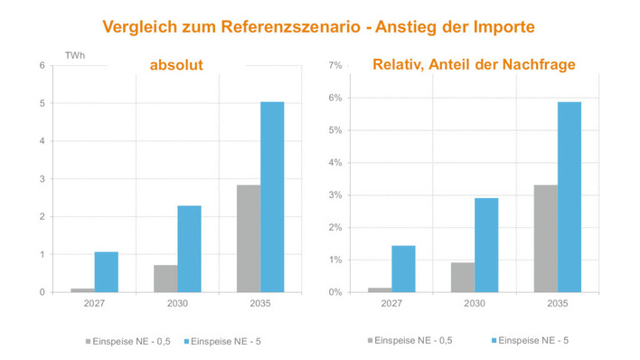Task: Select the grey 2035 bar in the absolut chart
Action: [249, 239]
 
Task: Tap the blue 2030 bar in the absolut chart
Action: [189, 249]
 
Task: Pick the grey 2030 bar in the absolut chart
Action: [165, 279]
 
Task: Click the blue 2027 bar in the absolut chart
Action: [106, 271]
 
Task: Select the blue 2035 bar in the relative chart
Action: [569, 197]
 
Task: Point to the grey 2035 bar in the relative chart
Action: [546, 239]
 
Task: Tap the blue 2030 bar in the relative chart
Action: [486, 245]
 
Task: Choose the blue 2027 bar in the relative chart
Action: [403, 269]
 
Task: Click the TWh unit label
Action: [76, 57]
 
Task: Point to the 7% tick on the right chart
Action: [334, 66]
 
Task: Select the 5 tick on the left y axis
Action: [42, 104]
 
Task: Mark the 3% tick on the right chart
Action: [334, 195]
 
